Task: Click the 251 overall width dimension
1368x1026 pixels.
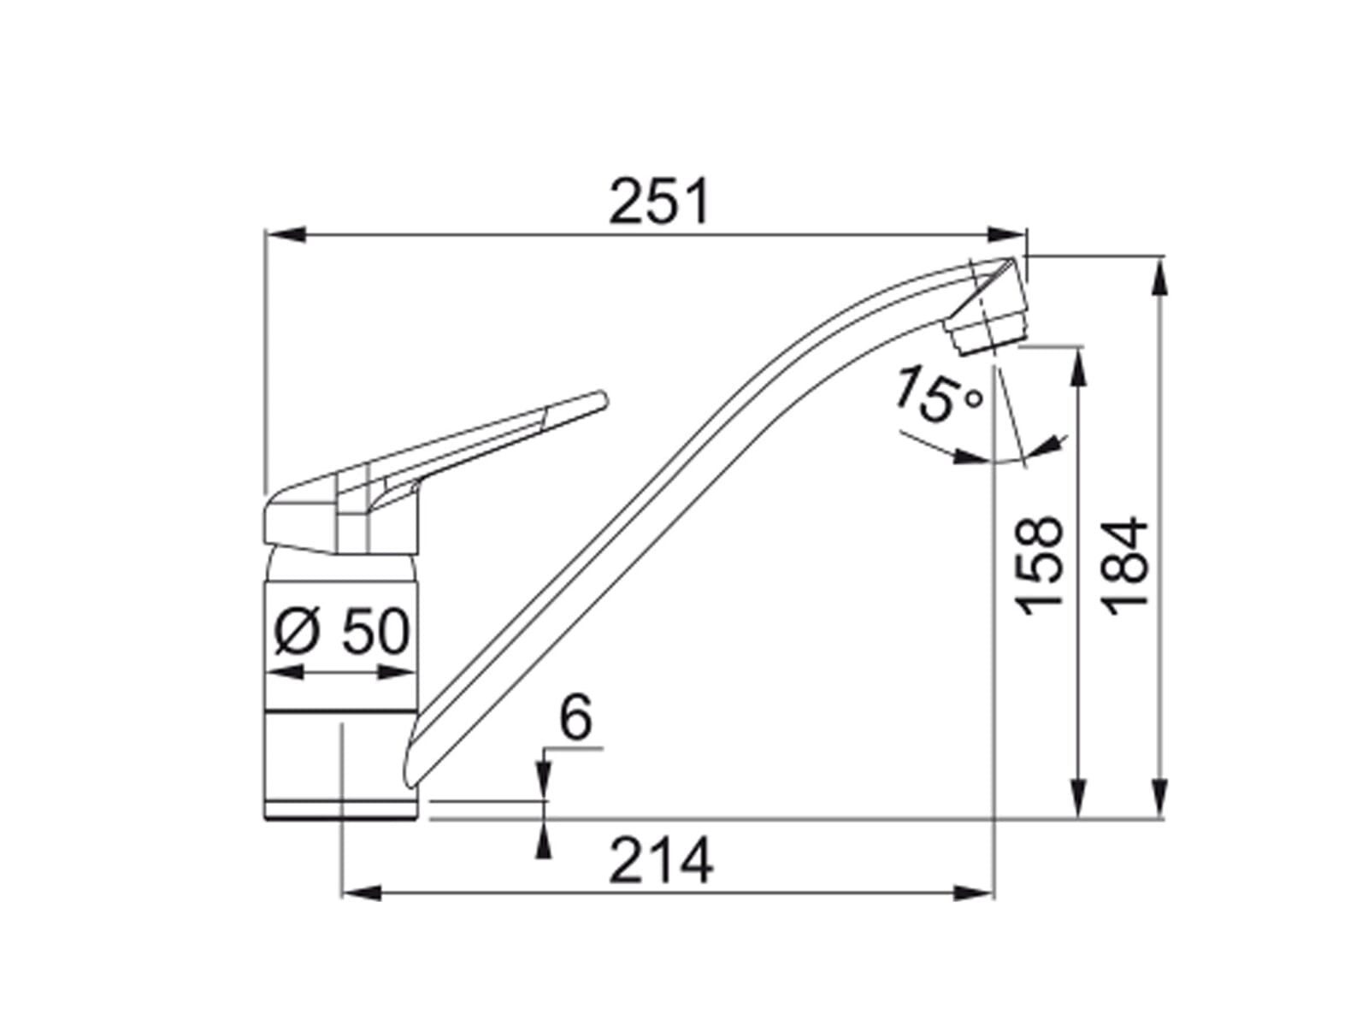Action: click(658, 201)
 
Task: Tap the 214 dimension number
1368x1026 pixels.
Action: click(660, 859)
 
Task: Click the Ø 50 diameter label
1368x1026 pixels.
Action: click(341, 632)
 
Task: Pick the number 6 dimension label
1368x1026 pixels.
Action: click(575, 717)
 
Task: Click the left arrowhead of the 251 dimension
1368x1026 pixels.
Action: click(286, 234)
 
